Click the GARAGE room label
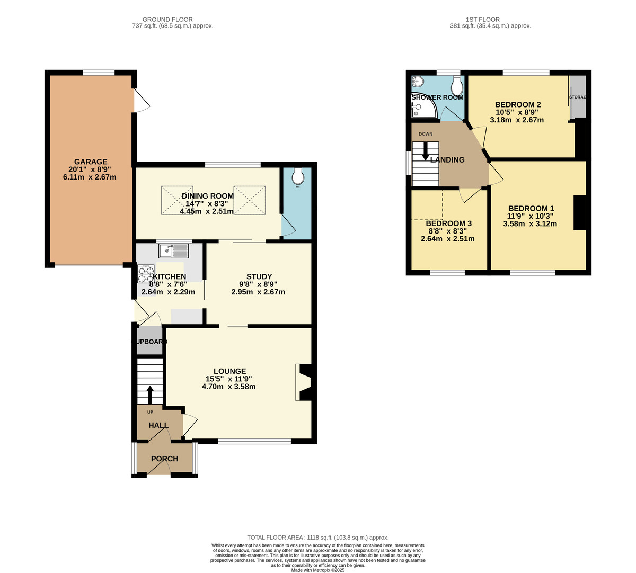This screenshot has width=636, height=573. coord(91,162)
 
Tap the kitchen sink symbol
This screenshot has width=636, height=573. coord(173,250)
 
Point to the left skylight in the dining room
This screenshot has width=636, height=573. coord(177,200)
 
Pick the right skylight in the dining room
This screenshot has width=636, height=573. coord(249,200)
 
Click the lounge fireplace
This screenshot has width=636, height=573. coord(303,382)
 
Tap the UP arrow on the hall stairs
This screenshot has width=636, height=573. coord(149,395)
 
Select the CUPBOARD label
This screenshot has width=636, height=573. coord(149,342)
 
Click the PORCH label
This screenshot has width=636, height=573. coord(165,459)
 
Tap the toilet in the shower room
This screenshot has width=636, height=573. coord(456,85)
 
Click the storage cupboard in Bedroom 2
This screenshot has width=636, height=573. coord(578,97)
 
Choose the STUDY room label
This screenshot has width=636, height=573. coord(259,276)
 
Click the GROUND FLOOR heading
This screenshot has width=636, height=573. coord(167,20)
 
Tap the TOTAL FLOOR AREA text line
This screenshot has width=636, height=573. coord(318,537)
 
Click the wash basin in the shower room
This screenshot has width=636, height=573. coord(418,81)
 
